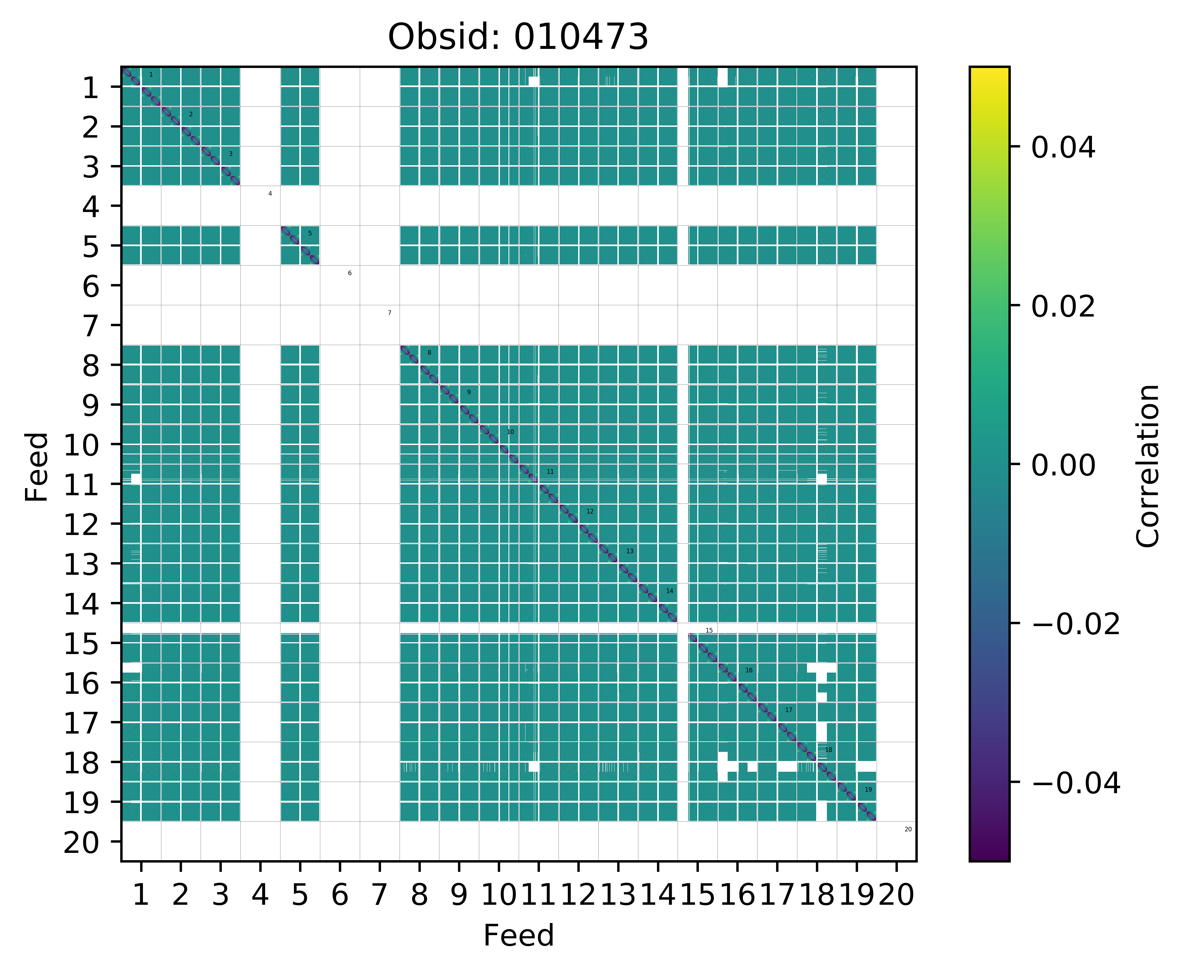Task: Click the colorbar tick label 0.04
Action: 1063,149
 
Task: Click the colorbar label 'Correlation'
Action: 1147,465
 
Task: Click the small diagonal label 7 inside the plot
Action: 389,313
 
